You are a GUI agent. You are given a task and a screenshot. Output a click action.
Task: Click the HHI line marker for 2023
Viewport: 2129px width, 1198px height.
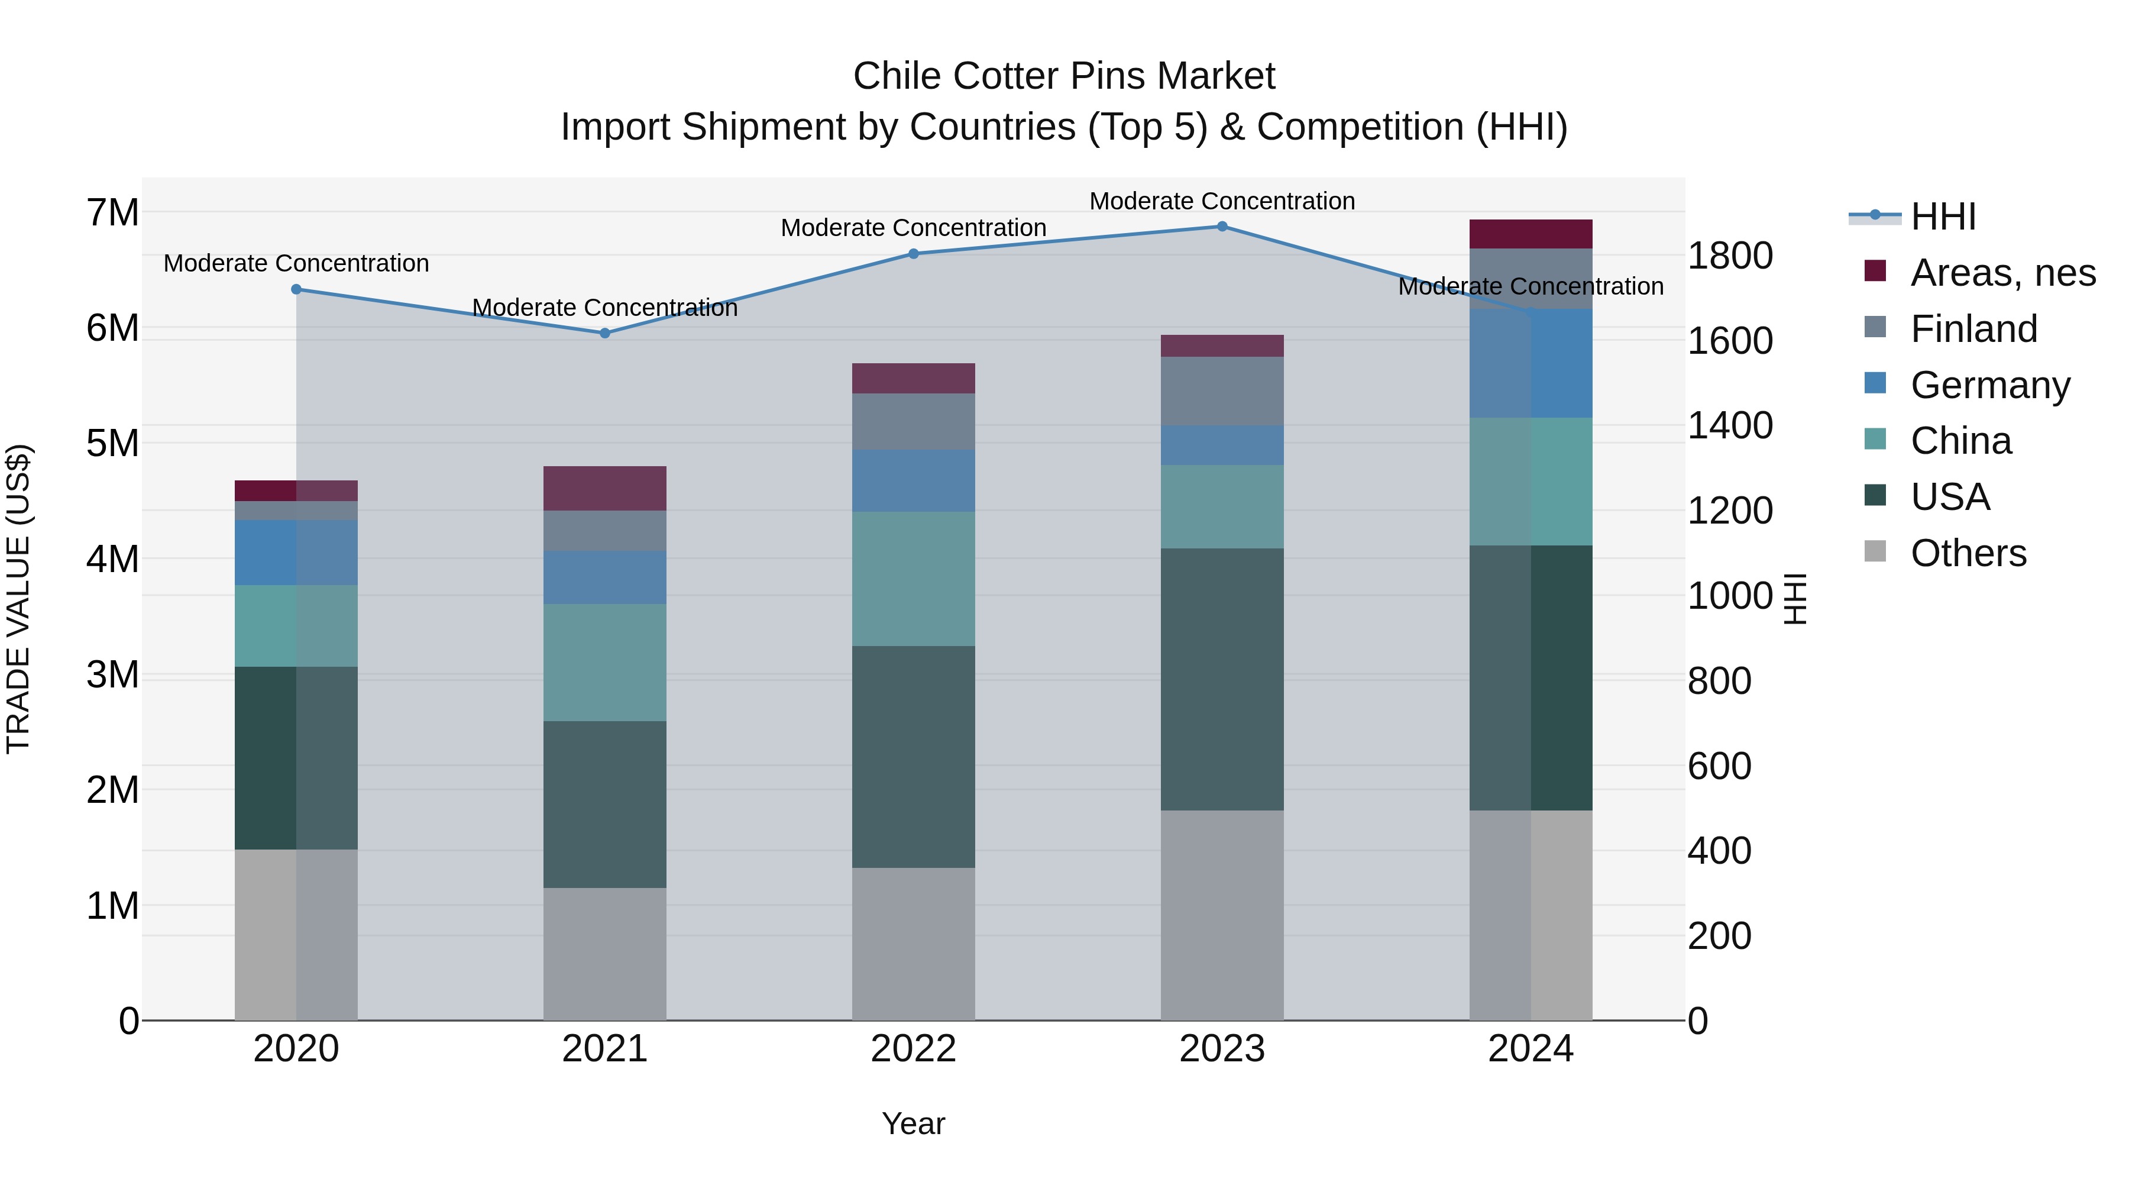coord(1222,227)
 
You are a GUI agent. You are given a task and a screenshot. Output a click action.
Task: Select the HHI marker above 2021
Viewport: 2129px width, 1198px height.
coord(604,333)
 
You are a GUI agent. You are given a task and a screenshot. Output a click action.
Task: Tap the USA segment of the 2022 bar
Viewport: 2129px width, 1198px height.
coord(913,757)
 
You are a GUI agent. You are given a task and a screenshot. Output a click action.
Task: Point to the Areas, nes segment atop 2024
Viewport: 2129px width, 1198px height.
coord(1531,234)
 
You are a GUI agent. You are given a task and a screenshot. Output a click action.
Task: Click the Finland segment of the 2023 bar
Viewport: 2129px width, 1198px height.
coord(1222,391)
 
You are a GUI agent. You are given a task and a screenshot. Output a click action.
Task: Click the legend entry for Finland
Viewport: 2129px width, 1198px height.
coord(1973,329)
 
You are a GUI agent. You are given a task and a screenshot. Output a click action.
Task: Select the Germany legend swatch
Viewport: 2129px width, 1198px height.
coord(1875,383)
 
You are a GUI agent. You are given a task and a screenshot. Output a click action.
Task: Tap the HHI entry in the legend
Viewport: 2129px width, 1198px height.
coord(1943,217)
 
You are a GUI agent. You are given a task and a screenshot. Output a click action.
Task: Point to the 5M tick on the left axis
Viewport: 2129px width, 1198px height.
coord(112,443)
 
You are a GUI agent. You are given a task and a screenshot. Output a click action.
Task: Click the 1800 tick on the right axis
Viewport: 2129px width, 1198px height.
coord(1729,256)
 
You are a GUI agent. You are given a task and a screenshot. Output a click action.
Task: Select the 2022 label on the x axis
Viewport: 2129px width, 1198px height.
coord(913,1049)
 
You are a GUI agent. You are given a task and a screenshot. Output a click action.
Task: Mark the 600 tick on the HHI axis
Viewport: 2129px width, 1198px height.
coord(1719,766)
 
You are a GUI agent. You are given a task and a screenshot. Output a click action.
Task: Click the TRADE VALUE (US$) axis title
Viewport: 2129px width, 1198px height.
coord(18,599)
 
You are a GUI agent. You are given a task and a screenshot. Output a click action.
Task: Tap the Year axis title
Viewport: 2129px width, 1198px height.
coord(913,1123)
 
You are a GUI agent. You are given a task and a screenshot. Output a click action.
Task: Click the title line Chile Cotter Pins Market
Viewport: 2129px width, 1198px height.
coord(1064,76)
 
